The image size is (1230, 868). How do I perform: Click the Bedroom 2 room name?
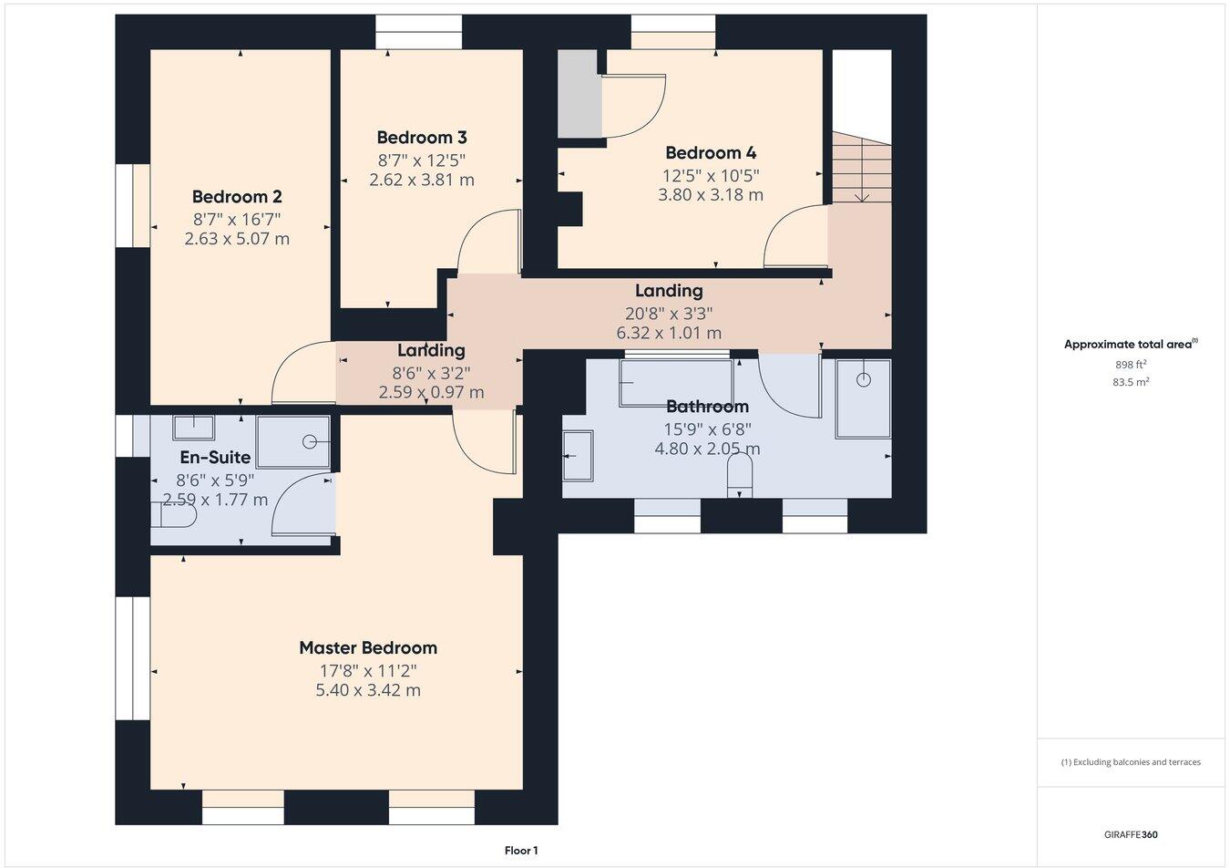236,197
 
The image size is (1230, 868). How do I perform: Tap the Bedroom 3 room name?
422,138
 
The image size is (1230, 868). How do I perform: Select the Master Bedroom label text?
368,648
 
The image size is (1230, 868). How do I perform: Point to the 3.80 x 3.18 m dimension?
711,195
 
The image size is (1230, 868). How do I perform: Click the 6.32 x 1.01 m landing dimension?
669,333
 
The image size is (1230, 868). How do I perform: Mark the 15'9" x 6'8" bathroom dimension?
707,428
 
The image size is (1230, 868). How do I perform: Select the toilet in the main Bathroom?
740,476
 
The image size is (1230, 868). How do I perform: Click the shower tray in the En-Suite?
293,442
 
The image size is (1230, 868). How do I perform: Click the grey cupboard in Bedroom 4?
579,94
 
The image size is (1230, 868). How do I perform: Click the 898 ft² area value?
1131,364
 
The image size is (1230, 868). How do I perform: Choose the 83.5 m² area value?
1131,382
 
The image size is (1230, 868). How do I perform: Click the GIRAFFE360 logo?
1131,833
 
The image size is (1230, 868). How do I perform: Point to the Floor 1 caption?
521,851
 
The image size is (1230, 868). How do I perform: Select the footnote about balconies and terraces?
1131,762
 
